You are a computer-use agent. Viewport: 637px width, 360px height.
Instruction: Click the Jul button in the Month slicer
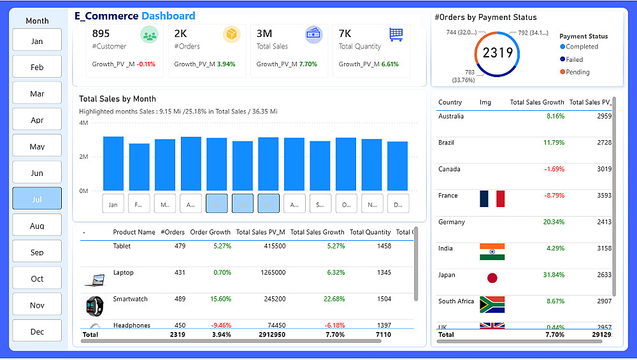click(x=37, y=199)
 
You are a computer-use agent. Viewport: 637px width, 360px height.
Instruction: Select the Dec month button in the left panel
click(x=37, y=331)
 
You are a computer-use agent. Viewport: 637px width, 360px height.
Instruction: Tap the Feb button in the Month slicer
click(x=37, y=67)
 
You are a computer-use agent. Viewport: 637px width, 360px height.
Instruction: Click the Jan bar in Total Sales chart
click(x=113, y=164)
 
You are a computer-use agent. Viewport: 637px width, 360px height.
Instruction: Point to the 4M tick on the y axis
click(x=83, y=122)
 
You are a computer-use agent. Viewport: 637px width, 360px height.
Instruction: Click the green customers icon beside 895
click(x=150, y=35)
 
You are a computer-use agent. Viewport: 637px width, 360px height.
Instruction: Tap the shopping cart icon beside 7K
click(x=396, y=34)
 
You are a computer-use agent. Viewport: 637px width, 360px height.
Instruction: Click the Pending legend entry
click(x=577, y=72)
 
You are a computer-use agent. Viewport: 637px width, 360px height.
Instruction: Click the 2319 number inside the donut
click(x=497, y=53)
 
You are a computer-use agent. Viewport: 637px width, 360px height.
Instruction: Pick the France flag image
click(x=492, y=199)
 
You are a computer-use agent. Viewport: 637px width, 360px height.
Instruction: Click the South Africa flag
click(x=492, y=304)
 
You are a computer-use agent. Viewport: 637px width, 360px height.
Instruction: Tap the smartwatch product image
click(x=94, y=305)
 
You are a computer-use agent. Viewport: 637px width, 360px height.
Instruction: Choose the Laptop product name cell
click(x=124, y=273)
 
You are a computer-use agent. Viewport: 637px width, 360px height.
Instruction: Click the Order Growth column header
click(x=210, y=232)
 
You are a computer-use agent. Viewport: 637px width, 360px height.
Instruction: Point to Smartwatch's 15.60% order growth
click(x=220, y=299)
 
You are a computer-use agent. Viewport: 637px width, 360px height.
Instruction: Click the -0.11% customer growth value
click(x=146, y=64)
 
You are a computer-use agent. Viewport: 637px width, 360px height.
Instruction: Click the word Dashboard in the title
click(x=168, y=16)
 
